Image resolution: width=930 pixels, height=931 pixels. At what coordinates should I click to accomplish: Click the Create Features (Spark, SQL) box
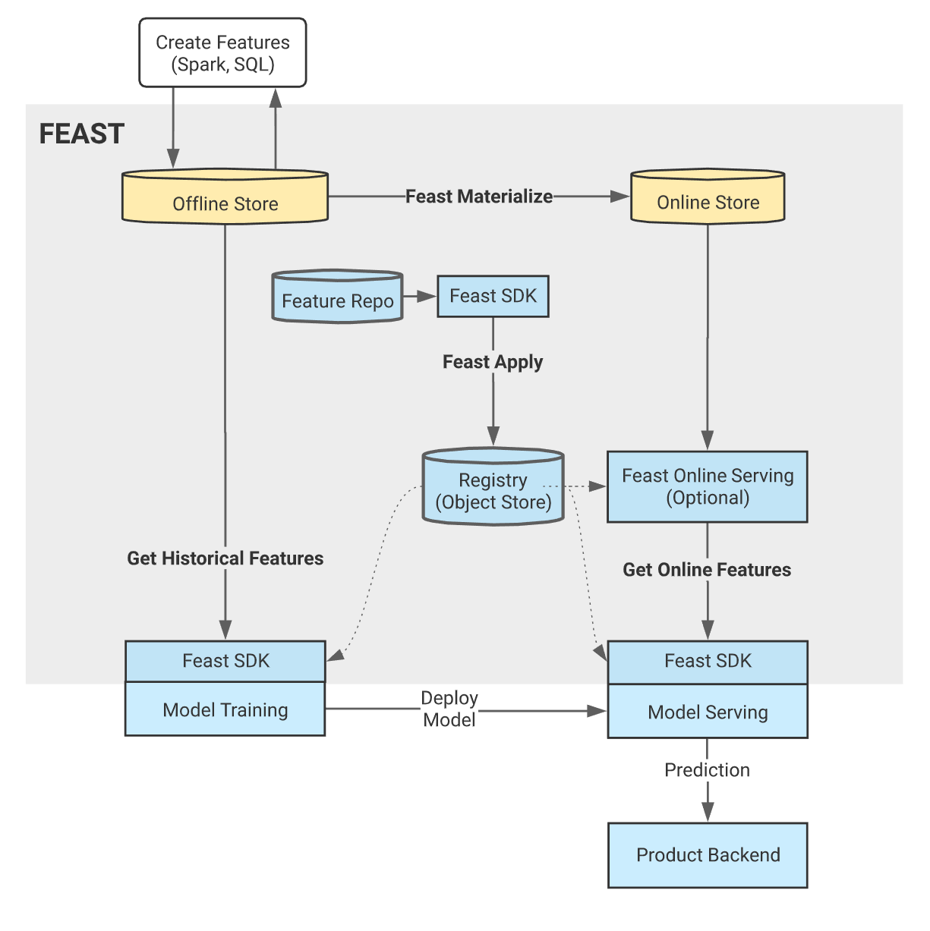(222, 53)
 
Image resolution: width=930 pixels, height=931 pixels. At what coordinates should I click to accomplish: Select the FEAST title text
(81, 134)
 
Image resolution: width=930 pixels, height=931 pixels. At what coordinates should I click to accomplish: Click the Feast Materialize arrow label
(478, 197)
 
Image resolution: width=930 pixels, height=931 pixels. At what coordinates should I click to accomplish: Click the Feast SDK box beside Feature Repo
(493, 296)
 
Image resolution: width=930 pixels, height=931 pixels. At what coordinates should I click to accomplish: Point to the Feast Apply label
(493, 362)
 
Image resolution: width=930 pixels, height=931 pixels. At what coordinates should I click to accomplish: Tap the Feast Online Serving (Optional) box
(707, 486)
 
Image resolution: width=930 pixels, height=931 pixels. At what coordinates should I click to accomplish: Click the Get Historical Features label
(225, 558)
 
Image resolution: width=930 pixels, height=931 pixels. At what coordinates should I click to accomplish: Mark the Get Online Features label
(707, 570)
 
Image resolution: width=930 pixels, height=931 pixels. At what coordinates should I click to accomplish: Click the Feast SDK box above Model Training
(225, 661)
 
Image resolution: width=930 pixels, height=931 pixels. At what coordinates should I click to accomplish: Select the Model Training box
(225, 710)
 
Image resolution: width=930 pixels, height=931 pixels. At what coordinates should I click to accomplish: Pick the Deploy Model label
(449, 709)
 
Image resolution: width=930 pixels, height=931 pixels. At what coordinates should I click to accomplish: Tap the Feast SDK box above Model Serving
(707, 662)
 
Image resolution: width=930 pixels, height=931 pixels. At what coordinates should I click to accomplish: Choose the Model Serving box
(707, 712)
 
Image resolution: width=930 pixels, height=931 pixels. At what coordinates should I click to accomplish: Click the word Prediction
(707, 770)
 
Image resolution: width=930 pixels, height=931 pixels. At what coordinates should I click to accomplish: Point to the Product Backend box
(707, 855)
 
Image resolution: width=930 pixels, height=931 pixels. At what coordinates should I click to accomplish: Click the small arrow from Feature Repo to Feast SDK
(419, 297)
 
